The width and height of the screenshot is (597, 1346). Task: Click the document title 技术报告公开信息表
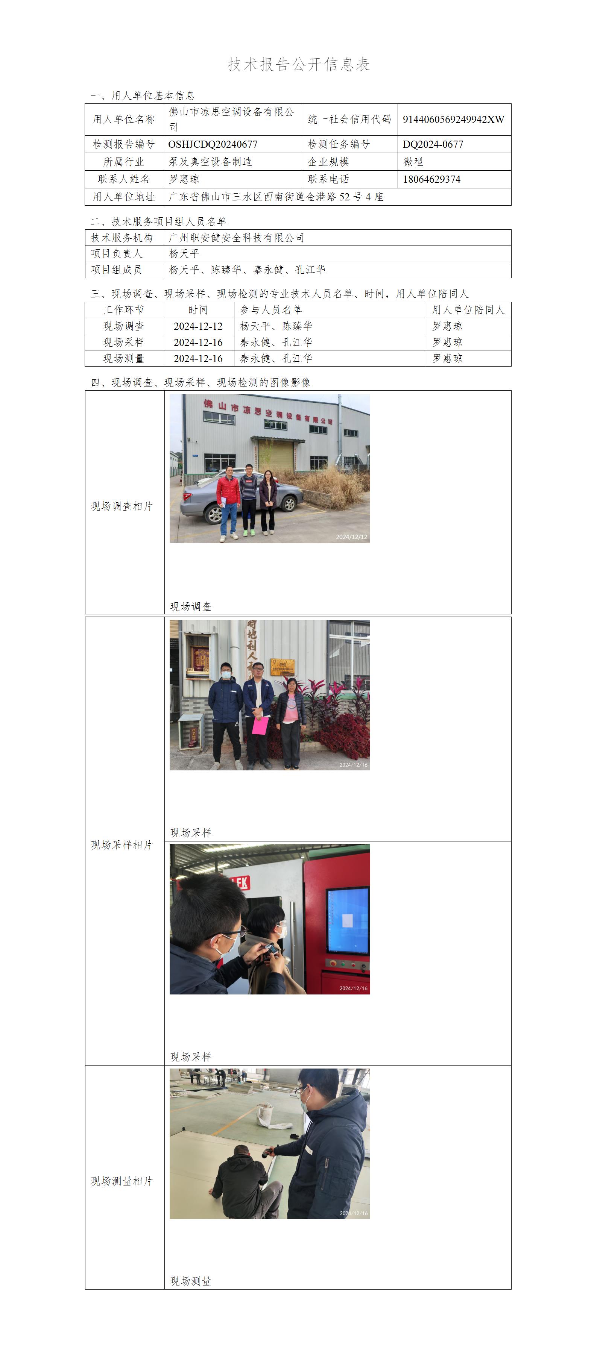click(x=299, y=64)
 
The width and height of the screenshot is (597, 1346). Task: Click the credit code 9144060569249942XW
click(x=453, y=119)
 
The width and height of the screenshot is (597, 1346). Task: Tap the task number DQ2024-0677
click(x=433, y=144)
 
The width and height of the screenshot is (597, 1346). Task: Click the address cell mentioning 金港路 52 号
click(x=276, y=197)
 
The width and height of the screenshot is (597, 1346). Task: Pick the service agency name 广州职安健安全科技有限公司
click(x=236, y=238)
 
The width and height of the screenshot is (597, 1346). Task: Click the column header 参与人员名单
click(x=271, y=310)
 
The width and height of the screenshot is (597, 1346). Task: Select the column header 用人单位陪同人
click(x=468, y=310)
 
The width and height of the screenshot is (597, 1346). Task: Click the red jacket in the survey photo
click(x=228, y=491)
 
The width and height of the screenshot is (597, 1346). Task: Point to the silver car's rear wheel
click(x=213, y=515)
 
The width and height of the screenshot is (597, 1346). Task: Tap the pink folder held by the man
click(x=260, y=726)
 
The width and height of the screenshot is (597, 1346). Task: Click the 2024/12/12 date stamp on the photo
click(x=351, y=537)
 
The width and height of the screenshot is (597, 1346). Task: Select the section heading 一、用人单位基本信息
click(x=143, y=95)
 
